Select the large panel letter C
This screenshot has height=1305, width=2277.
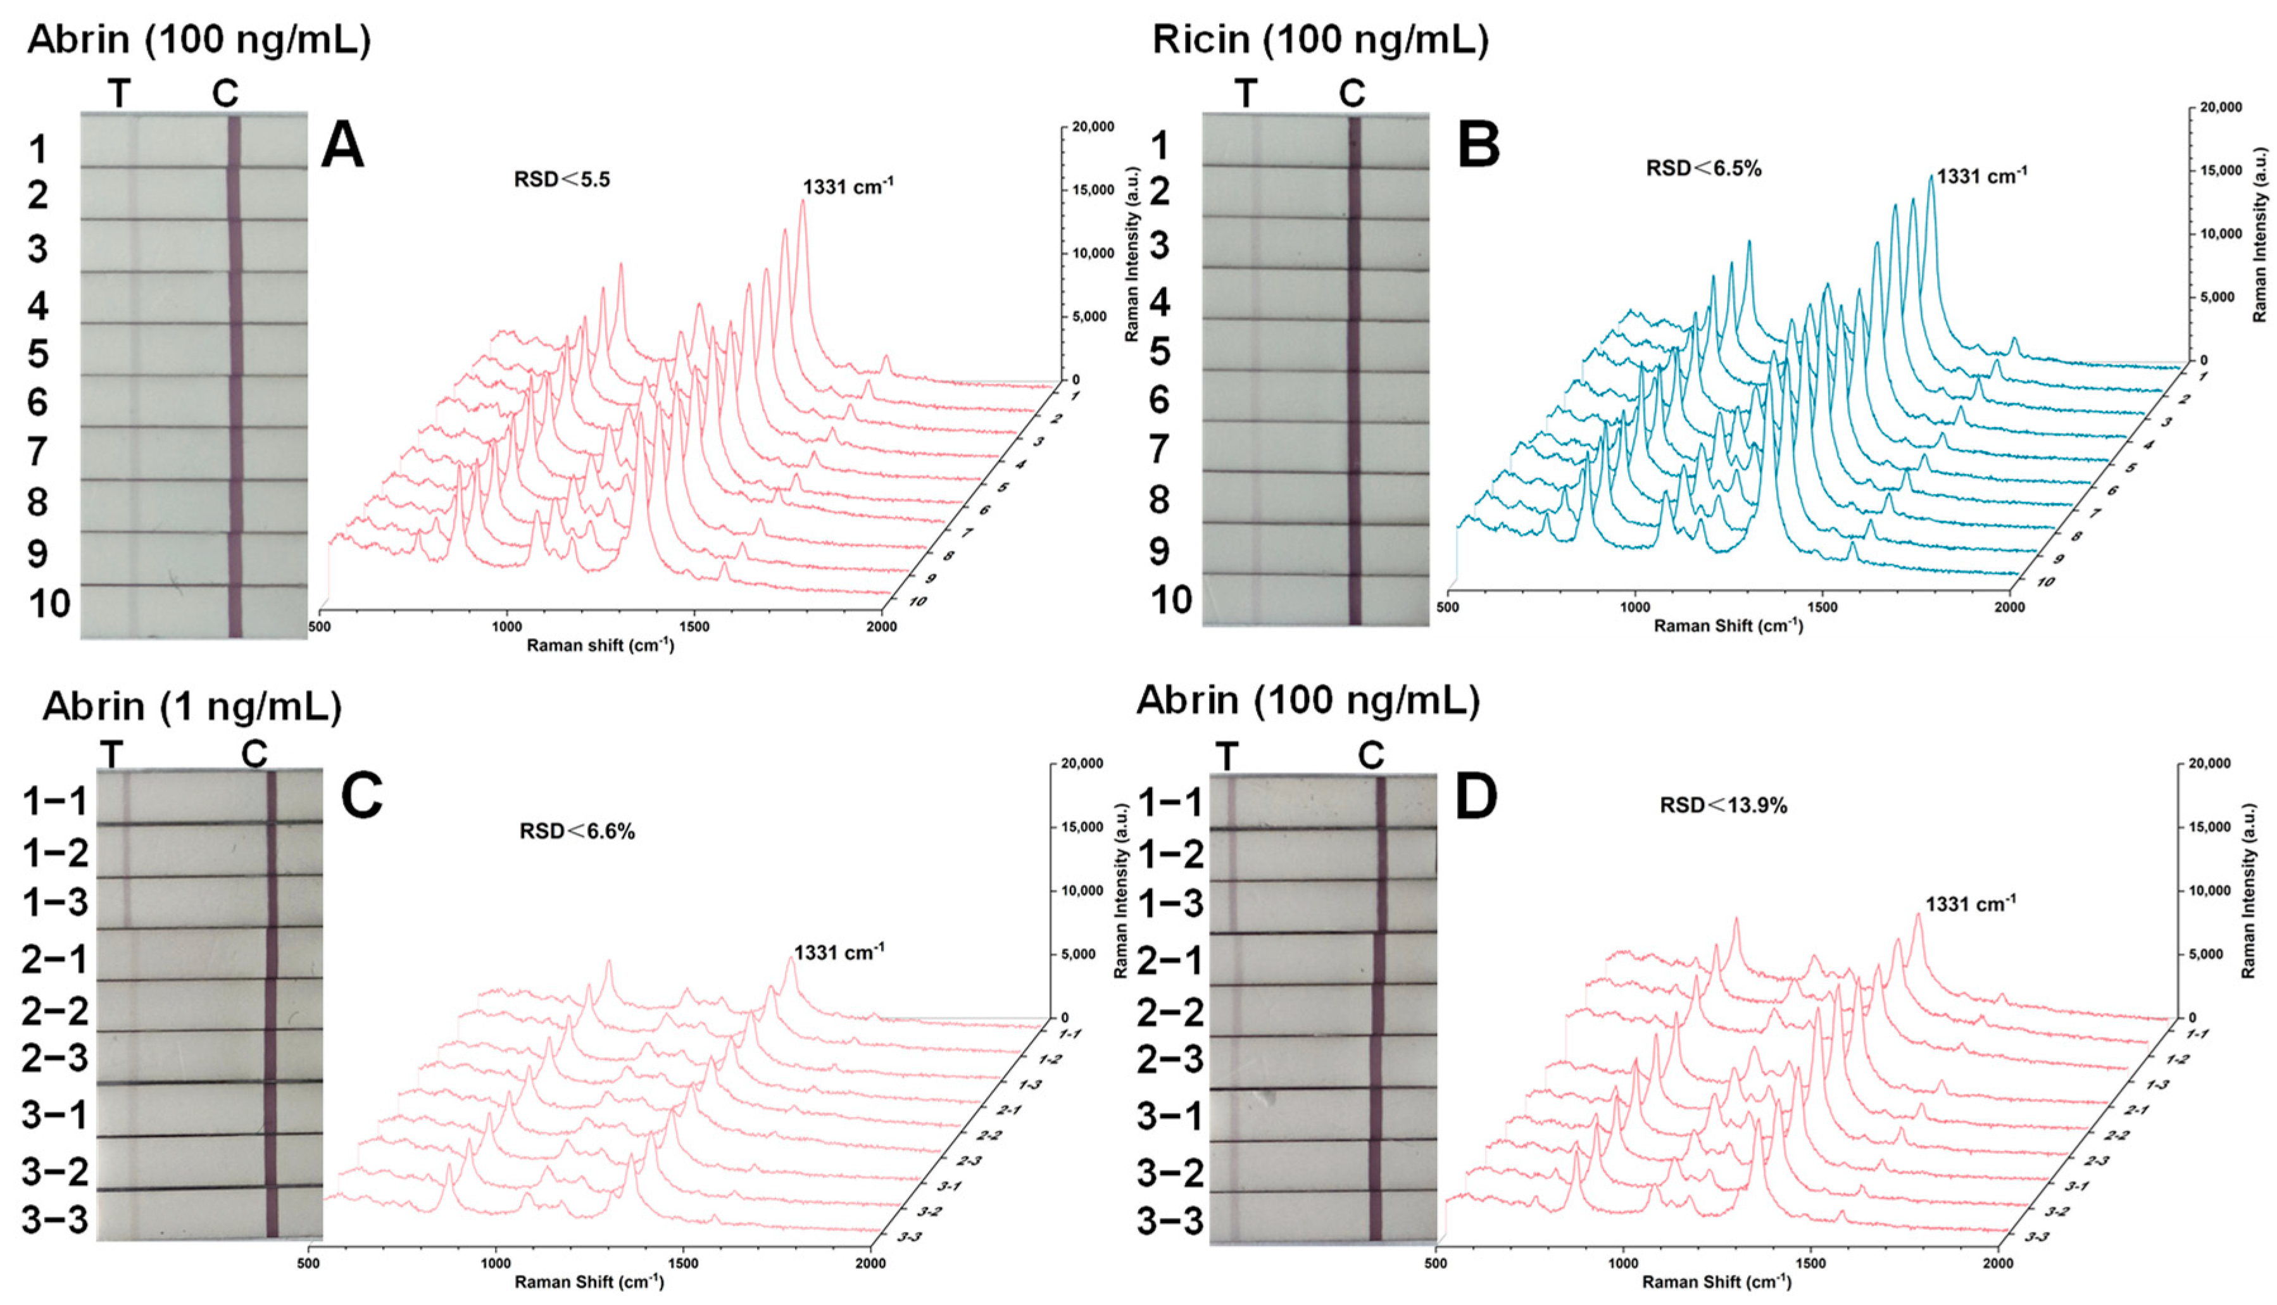(362, 794)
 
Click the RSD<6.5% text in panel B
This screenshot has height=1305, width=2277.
(1703, 168)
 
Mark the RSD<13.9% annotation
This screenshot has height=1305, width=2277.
(1723, 805)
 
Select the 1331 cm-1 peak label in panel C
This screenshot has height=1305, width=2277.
(838, 952)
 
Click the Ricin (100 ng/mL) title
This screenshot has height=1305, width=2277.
(1320, 41)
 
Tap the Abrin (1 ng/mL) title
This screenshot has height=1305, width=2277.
(192, 706)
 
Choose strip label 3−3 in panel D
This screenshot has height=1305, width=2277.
(1170, 1221)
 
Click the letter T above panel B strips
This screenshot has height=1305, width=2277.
(1245, 93)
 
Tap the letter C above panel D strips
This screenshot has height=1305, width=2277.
(1371, 756)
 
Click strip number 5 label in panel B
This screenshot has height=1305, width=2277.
(1159, 351)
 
